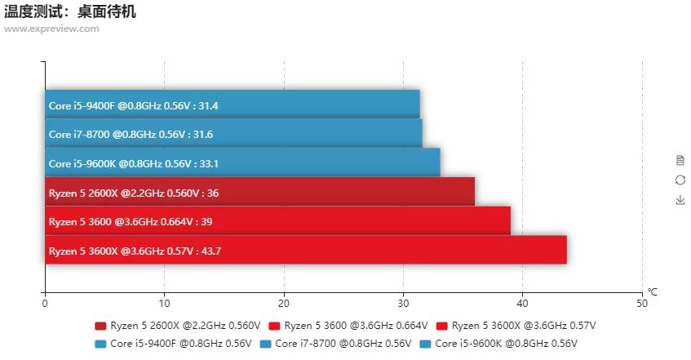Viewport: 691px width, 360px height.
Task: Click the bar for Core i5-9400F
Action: [x=233, y=104]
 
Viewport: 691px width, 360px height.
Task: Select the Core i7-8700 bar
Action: [x=233, y=133]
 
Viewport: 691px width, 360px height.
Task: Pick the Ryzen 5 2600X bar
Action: [x=259, y=192]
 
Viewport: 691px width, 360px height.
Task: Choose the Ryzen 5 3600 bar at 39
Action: [x=277, y=220]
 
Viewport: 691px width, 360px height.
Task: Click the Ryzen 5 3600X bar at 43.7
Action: [x=306, y=250]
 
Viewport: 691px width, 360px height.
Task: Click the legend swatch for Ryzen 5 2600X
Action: [x=101, y=326]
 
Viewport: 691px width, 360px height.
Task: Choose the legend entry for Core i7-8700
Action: [x=334, y=344]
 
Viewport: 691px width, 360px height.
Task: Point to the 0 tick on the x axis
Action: [x=45, y=303]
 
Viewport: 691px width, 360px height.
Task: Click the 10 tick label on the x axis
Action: [x=164, y=303]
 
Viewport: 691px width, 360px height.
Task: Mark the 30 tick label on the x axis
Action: [x=403, y=303]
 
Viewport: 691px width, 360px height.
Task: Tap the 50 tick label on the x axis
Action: [x=642, y=303]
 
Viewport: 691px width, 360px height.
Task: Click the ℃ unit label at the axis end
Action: [x=652, y=291]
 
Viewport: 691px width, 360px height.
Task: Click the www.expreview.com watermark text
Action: [x=51, y=29]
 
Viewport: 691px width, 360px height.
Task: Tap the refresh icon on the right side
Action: [x=680, y=180]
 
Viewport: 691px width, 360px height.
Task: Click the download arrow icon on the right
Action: [x=680, y=200]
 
